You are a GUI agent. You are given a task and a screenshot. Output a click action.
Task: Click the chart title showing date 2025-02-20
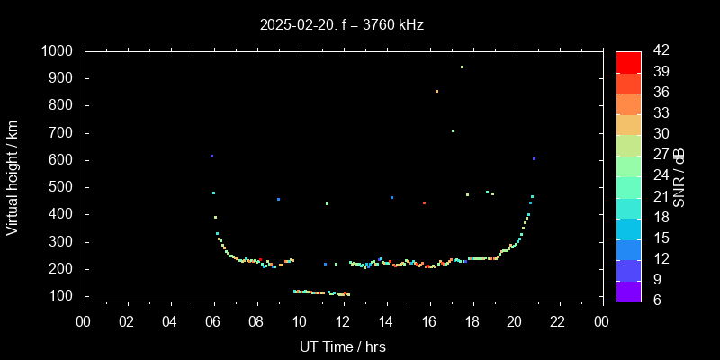click(x=341, y=24)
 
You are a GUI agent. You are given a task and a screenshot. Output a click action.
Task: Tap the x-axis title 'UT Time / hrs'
click(x=343, y=346)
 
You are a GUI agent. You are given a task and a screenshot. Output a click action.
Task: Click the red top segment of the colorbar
click(x=628, y=61)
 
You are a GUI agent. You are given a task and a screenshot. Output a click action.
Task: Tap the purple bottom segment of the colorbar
click(x=628, y=290)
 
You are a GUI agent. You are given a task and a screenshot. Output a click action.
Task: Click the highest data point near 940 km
click(x=462, y=67)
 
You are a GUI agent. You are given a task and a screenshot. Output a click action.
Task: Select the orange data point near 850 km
click(x=436, y=91)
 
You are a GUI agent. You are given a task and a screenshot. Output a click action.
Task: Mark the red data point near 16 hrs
click(x=424, y=203)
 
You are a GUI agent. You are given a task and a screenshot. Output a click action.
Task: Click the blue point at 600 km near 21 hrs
click(x=534, y=159)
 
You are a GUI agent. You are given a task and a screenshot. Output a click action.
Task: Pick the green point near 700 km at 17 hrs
click(x=453, y=130)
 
